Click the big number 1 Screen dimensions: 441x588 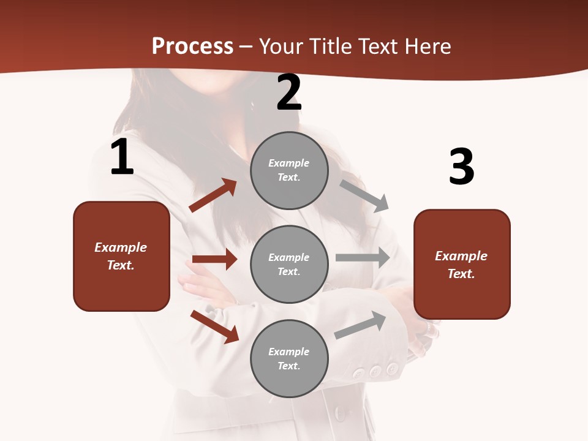[121, 157]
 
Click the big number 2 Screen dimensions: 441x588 [289, 92]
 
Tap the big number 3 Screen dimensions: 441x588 [461, 167]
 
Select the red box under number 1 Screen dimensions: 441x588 [121, 256]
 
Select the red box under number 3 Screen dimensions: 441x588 [462, 265]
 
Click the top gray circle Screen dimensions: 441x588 [289, 170]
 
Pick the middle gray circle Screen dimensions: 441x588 [289, 264]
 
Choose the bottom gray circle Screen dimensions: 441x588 [289, 358]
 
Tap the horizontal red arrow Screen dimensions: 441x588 [214, 259]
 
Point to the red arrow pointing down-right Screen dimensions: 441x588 [214, 326]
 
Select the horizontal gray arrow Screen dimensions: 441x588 [363, 258]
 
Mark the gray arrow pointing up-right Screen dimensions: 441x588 [361, 325]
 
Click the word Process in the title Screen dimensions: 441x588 [192, 46]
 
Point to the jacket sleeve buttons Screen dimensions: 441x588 [375, 371]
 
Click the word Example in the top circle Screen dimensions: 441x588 [289, 163]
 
